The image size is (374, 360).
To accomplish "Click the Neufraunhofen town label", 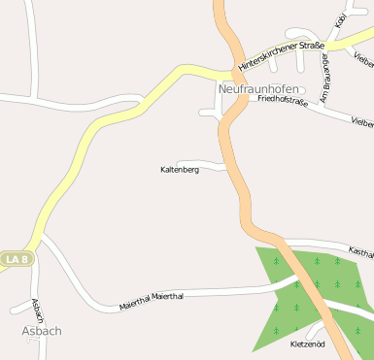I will [x=258, y=88].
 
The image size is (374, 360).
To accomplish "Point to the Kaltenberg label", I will [x=180, y=169].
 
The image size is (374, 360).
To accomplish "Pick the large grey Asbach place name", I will [x=41, y=331].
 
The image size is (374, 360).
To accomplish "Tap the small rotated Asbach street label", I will [x=38, y=311].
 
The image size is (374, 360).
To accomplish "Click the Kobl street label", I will [x=340, y=21].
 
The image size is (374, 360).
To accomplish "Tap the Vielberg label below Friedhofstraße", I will [x=361, y=123].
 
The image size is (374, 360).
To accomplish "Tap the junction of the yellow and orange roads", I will [x=233, y=70].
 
